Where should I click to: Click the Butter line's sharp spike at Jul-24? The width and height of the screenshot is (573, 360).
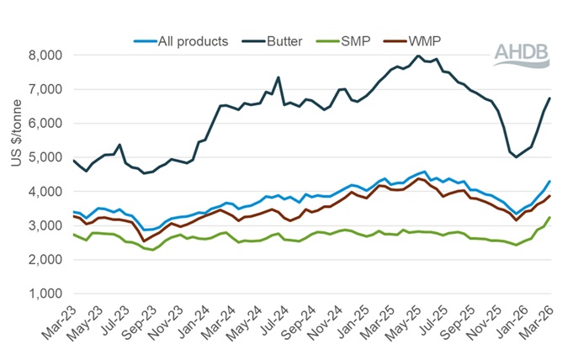coord(278,77)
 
